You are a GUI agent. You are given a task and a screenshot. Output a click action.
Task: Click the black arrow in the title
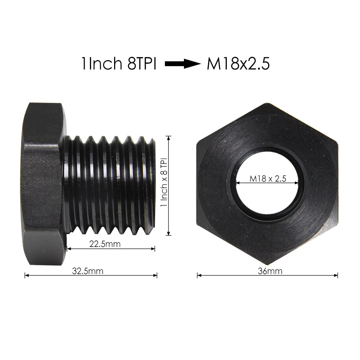[182, 64]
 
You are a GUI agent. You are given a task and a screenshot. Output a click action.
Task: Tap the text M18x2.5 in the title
[238, 64]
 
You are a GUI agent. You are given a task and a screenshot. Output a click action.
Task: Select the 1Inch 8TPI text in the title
[118, 64]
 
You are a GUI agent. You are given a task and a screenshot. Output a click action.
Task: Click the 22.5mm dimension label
[104, 244]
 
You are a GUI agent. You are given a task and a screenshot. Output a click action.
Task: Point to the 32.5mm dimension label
[87, 271]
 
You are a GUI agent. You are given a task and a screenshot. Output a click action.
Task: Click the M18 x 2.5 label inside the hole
[267, 179]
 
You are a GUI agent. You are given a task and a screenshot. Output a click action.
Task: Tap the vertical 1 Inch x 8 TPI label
[164, 183]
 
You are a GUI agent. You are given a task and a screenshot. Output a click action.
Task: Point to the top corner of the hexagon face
[267, 104]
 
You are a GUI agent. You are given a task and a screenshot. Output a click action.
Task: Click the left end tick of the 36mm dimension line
[197, 275]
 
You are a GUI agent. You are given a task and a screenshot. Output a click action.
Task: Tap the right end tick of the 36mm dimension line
[338, 275]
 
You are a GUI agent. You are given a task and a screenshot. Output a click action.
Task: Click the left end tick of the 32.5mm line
[25, 275]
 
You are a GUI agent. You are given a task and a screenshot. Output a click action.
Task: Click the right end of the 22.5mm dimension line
[155, 248]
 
